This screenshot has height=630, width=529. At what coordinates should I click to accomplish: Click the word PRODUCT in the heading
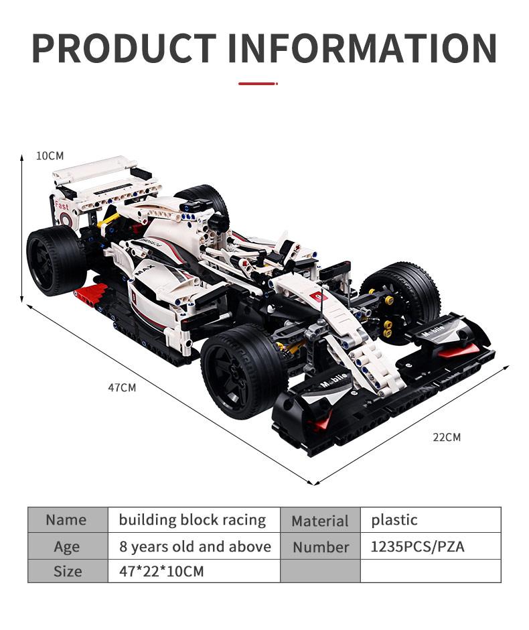point(124,48)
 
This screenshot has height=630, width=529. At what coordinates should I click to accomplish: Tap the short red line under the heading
point(258,84)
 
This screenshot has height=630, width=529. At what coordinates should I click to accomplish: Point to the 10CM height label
point(50,155)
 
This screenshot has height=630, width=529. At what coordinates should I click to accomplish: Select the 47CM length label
point(122,387)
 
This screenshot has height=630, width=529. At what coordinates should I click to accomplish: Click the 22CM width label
point(447,437)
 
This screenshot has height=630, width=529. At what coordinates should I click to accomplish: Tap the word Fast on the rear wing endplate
point(62,206)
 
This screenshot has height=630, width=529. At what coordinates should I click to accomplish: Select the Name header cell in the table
point(67,520)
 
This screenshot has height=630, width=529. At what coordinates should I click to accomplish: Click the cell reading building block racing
point(192,520)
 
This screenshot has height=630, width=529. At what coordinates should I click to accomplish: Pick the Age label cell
point(67,546)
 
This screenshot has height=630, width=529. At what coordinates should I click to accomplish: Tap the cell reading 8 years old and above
point(195,546)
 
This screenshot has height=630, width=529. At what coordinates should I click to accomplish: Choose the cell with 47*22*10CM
point(161,572)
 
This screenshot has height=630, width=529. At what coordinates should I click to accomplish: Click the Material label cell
point(320,521)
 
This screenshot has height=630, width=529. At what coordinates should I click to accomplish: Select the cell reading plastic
point(394,520)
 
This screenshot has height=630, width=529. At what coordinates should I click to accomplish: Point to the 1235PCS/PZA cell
point(417,546)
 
